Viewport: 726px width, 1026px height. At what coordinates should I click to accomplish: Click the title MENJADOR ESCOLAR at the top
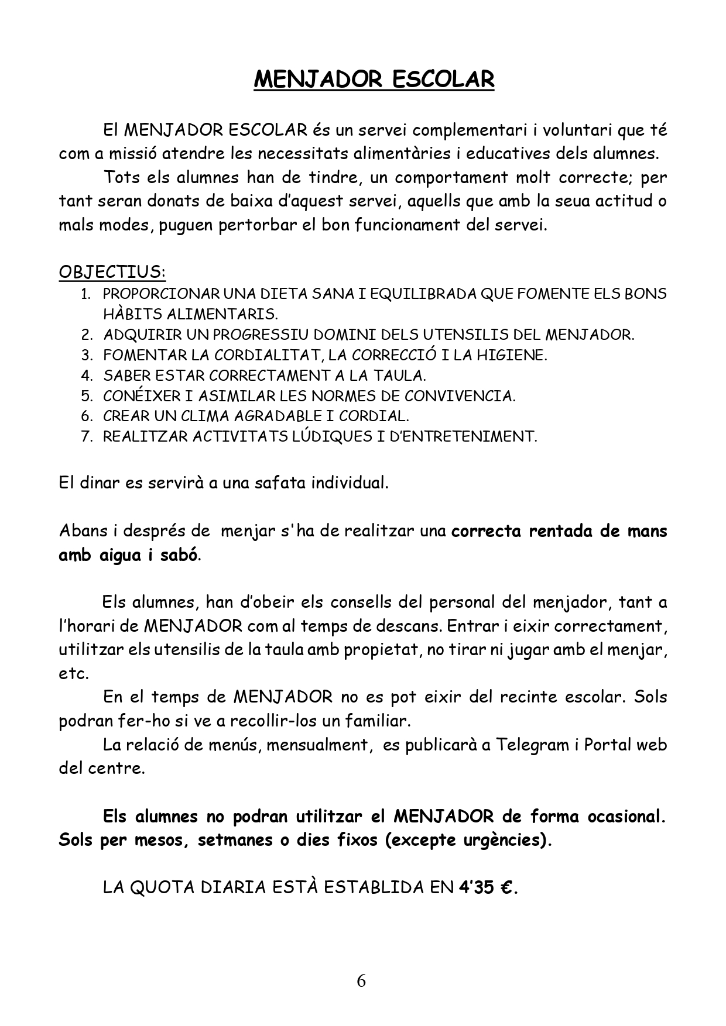coord(374,80)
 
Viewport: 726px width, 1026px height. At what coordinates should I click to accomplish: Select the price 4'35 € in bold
coord(488,887)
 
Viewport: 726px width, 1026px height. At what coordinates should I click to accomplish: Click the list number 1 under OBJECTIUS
coord(85,294)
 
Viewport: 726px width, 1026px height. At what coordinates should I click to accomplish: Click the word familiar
coord(381,721)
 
